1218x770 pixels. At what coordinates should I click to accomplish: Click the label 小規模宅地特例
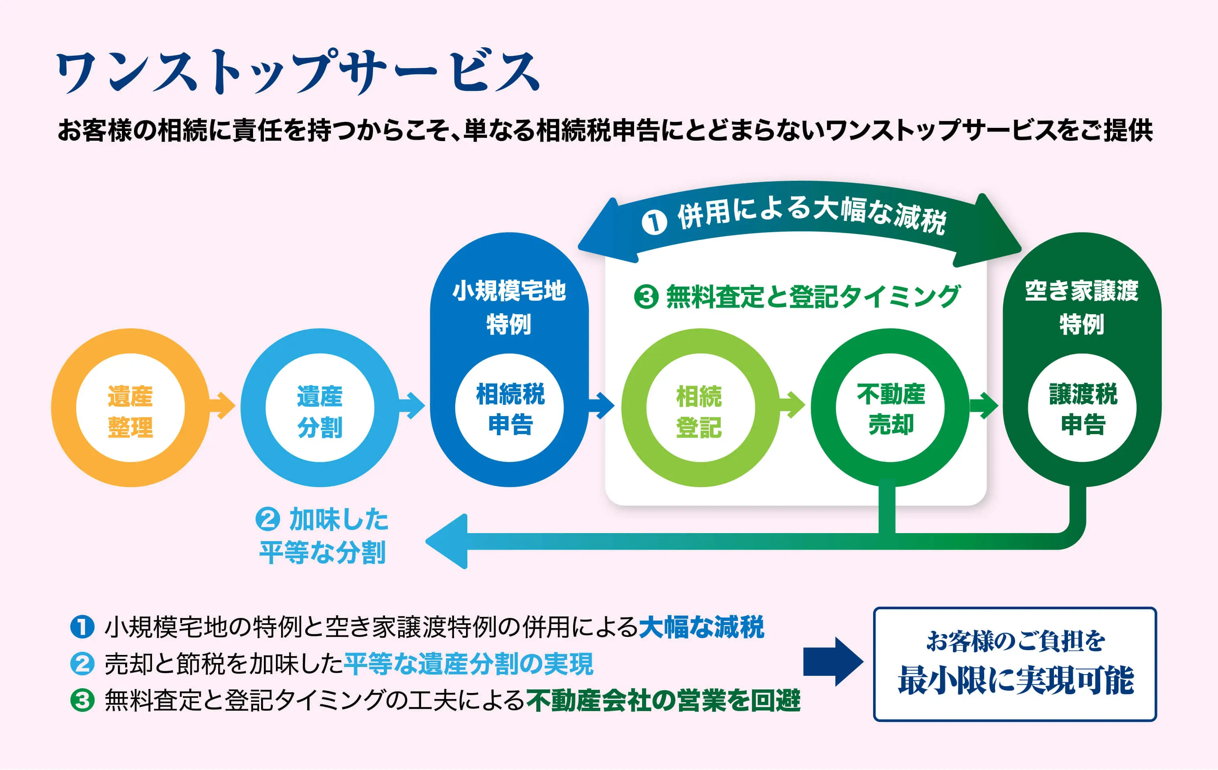509,307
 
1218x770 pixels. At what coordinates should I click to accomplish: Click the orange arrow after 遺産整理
223,406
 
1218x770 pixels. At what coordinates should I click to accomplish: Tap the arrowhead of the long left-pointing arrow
448,542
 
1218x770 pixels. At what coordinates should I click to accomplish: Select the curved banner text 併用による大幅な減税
811,215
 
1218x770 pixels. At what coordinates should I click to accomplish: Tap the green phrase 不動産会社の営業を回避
663,701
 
